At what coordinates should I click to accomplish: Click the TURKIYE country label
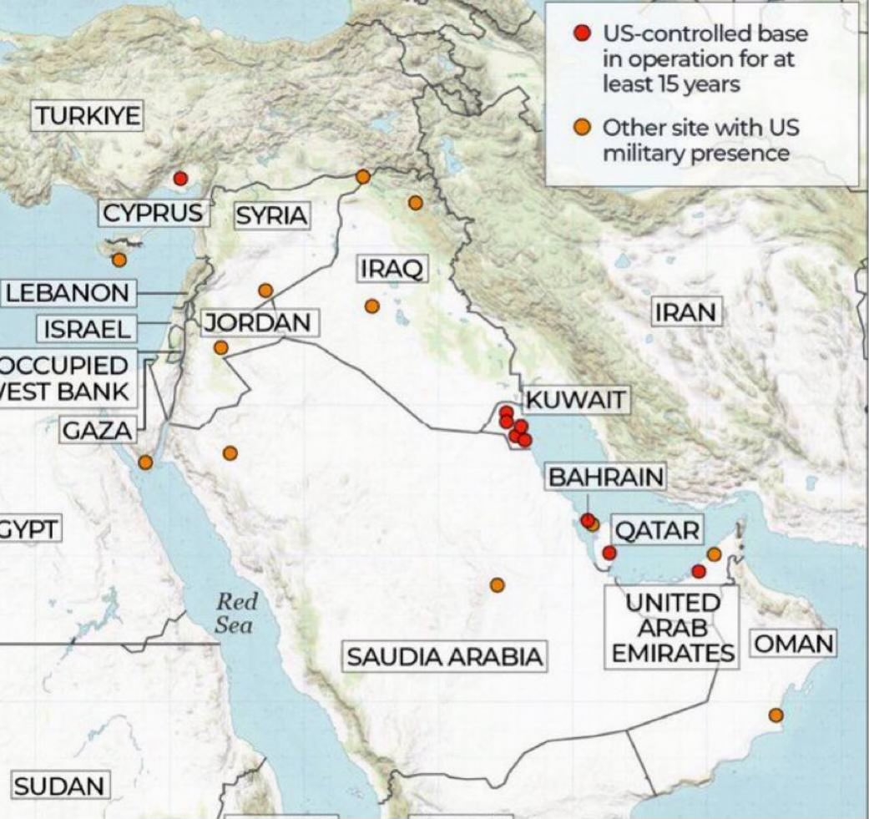88,115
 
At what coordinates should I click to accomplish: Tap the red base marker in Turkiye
180,178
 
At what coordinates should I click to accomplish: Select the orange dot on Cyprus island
119,260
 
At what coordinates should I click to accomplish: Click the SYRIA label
271,216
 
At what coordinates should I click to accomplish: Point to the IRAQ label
392,269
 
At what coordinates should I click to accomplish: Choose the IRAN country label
685,312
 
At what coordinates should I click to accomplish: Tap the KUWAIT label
576,400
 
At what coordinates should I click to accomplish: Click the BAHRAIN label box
607,477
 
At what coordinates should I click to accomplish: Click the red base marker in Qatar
609,553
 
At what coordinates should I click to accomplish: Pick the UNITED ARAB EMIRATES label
673,628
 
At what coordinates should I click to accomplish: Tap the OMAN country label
794,644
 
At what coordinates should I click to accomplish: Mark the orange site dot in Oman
776,715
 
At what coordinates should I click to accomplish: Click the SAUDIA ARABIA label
444,656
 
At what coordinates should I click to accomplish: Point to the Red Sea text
237,613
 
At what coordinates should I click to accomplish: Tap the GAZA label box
98,431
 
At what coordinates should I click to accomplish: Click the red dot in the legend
583,34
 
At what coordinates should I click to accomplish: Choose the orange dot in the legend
583,128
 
